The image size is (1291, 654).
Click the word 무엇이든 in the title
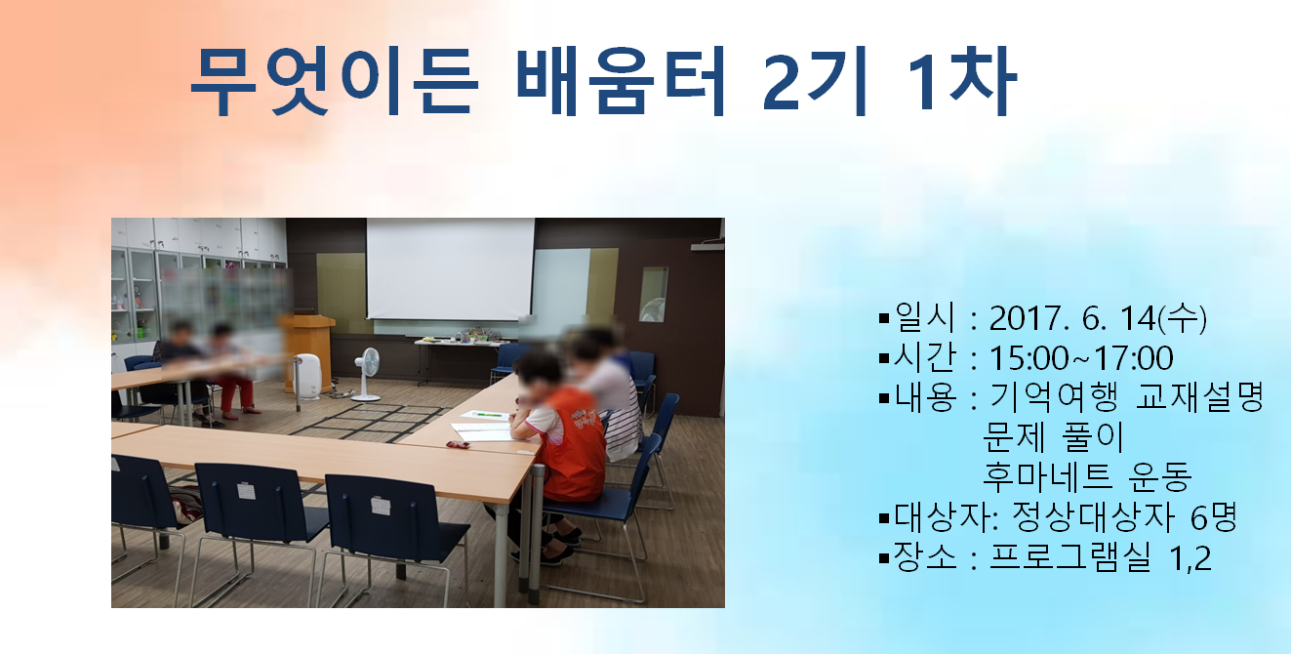(335, 81)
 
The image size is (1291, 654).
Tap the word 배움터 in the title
(621, 81)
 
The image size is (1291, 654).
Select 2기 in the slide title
(816, 82)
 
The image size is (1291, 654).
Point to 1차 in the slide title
(962, 81)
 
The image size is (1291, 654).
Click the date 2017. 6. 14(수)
(1098, 318)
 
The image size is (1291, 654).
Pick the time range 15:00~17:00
(1081, 358)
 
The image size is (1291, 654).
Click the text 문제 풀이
(1053, 436)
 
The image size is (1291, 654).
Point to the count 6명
(1213, 516)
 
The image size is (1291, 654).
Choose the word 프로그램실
(1069, 556)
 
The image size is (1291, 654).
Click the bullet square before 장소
(884, 558)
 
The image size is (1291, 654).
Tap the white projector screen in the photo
(450, 268)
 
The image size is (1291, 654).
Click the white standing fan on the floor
(367, 374)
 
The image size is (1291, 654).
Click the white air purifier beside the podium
(307, 376)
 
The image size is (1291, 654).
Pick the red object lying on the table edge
(459, 444)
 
